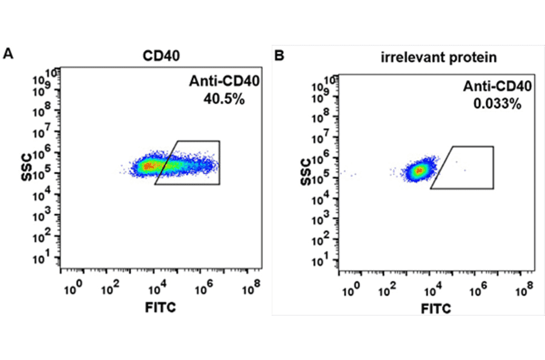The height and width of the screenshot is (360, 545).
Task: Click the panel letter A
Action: tap(8, 54)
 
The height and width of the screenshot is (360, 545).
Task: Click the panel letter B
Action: tap(279, 56)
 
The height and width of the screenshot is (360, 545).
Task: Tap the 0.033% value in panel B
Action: tap(497, 104)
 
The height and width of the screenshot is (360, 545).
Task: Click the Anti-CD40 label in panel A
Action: tap(216, 82)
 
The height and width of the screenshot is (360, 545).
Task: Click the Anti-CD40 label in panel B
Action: tap(497, 87)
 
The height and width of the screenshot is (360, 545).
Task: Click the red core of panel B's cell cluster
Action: tap(418, 171)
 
